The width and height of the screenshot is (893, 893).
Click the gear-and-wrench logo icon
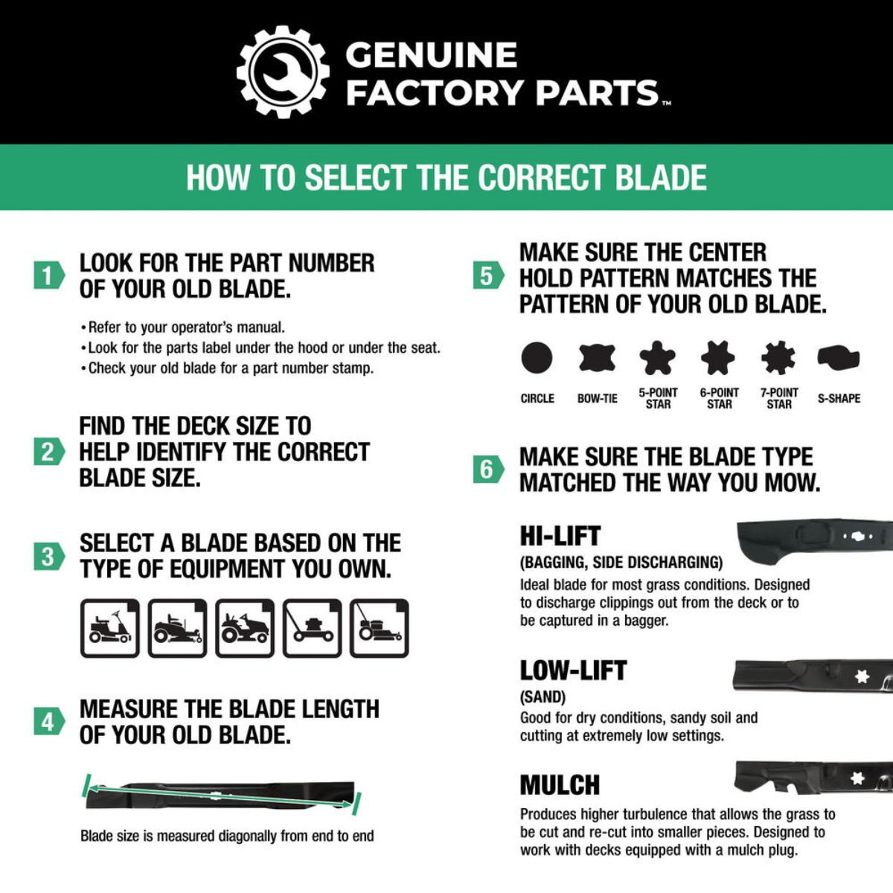pos(283,71)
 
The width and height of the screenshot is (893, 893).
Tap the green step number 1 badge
pos(48,275)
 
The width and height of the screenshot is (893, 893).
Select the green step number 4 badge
pos(48,721)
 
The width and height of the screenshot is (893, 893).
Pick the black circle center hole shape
pos(537,358)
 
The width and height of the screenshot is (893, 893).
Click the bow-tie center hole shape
pos(598,358)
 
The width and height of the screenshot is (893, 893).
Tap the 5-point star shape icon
pos(658,358)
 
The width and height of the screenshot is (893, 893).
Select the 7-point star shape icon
pos(778,358)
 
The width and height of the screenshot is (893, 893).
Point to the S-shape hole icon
pos(839,358)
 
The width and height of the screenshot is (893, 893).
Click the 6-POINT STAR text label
pos(719,398)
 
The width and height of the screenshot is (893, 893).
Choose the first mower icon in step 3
pos(110,628)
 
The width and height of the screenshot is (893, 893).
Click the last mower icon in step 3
pos(379,628)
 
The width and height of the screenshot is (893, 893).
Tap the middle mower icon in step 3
pos(245,628)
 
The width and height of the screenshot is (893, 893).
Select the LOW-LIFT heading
pos(573,670)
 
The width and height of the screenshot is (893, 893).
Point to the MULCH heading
pos(560,785)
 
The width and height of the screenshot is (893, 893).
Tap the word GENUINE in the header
pos(431,55)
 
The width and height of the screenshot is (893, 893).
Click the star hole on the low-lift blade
pos(862,676)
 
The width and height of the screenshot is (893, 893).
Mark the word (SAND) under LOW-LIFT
pos(542,697)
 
